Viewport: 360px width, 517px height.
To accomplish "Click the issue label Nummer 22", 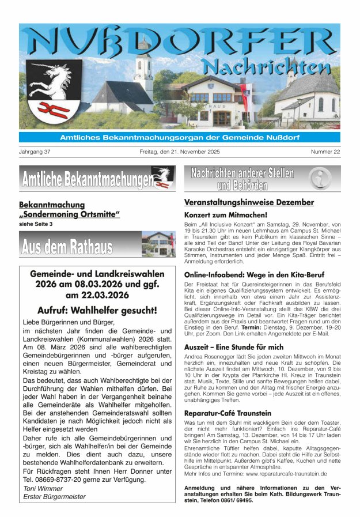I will click(x=325, y=152).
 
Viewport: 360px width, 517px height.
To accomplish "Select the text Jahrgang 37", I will click(x=35, y=152).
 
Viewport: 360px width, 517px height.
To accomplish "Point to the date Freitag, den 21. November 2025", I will click(x=180, y=152).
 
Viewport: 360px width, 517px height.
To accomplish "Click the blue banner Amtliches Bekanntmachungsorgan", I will click(x=180, y=137).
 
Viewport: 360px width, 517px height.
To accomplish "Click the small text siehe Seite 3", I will click(x=36, y=224).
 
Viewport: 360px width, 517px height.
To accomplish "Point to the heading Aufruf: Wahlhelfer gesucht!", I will click(x=97, y=310).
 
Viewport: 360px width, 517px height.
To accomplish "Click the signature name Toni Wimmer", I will click(x=44, y=488).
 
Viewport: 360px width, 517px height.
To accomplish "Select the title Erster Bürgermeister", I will click(x=54, y=496).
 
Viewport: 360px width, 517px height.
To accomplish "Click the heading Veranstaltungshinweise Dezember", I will click(x=249, y=202).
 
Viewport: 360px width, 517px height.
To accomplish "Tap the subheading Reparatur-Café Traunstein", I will click(x=227, y=413).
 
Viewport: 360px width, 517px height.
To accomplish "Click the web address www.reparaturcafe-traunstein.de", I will click(x=286, y=473).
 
